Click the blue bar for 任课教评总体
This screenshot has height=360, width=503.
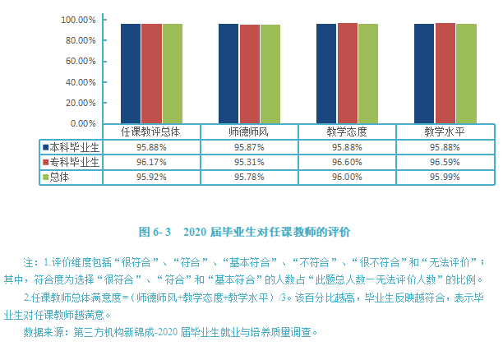point(131,73)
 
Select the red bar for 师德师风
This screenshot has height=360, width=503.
point(249,74)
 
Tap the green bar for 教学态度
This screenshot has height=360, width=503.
point(367,73)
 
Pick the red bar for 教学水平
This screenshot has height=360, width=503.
point(445,73)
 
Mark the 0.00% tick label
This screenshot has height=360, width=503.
point(84,123)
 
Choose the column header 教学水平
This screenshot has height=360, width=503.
point(445,132)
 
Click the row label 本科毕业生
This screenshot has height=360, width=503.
point(75,146)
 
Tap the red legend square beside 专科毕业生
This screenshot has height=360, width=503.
point(45,162)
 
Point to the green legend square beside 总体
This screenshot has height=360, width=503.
point(45,177)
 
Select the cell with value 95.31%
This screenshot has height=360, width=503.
point(249,162)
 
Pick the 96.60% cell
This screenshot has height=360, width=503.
point(347,162)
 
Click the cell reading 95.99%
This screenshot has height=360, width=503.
point(445,177)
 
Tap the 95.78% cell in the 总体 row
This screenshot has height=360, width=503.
point(249,177)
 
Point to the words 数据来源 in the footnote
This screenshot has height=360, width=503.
point(47,333)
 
